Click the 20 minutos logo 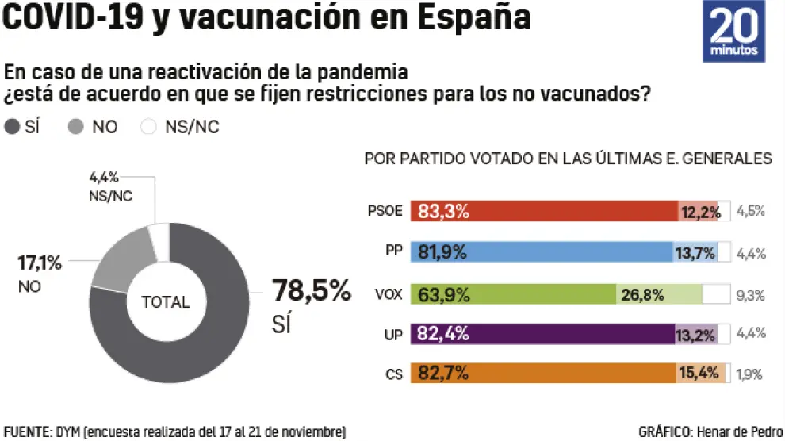point(734,32)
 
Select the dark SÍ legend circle point(12,127)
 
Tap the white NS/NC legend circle point(147,127)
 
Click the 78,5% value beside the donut point(312,291)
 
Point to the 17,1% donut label point(40,263)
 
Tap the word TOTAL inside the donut point(166,302)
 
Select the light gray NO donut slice point(119,258)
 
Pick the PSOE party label point(385,212)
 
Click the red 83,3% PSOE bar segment point(543,212)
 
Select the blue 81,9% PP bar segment point(542,253)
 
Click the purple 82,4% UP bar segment point(542,335)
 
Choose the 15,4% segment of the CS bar point(701,373)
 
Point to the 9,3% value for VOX point(750,295)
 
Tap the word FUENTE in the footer point(26,432)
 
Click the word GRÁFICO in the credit point(664,432)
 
